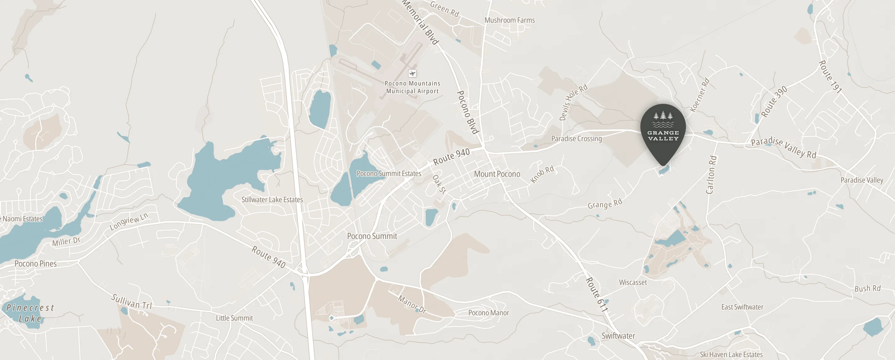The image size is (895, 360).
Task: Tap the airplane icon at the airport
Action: click(x=412, y=73)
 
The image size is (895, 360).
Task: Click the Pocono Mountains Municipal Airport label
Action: click(x=412, y=87)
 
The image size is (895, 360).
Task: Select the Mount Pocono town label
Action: click(x=497, y=174)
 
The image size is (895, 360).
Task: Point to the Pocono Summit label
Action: click(x=372, y=236)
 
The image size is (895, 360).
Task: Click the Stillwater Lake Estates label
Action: click(x=272, y=200)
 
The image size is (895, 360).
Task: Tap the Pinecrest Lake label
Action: click(x=30, y=313)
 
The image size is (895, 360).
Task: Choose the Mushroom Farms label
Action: click(x=509, y=20)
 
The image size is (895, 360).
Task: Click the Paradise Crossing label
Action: click(x=576, y=139)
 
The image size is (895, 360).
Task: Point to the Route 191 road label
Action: click(x=830, y=77)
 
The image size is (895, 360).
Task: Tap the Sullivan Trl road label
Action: click(x=132, y=302)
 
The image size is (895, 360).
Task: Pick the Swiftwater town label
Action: click(x=618, y=336)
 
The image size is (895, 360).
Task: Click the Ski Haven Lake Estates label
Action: click(x=731, y=354)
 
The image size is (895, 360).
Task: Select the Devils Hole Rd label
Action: click(x=573, y=102)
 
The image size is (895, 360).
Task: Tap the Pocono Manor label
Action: click(x=488, y=313)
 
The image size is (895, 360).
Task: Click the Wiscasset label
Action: click(x=633, y=283)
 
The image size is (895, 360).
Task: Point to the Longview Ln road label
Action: click(x=129, y=222)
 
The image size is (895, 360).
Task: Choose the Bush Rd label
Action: click(x=867, y=288)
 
